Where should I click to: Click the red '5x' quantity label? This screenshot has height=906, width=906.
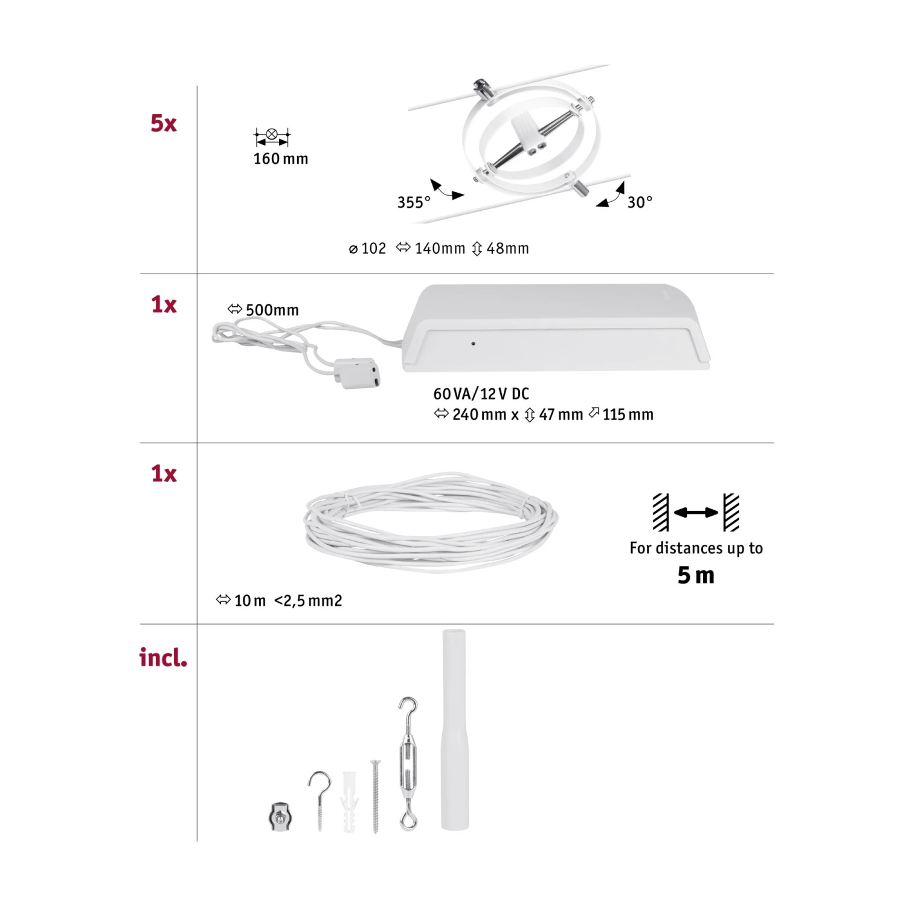(164, 123)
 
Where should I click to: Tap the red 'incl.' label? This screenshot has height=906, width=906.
(163, 657)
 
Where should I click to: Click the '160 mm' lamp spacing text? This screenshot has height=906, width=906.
(281, 159)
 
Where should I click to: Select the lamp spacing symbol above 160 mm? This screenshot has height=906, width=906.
(272, 137)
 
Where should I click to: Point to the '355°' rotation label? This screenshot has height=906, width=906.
(414, 202)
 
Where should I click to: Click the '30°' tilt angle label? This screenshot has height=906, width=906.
(640, 202)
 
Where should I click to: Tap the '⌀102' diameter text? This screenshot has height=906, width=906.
(367, 248)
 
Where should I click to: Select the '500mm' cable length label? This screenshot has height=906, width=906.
(272, 310)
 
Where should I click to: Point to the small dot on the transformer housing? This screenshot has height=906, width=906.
(473, 344)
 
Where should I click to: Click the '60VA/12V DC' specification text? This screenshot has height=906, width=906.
(481, 394)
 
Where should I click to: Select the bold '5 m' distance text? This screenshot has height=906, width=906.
(696, 575)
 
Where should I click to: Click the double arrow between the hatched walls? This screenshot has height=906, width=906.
(696, 513)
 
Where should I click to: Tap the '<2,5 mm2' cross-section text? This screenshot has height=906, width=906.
(308, 601)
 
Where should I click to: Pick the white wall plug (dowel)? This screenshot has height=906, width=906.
(350, 802)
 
